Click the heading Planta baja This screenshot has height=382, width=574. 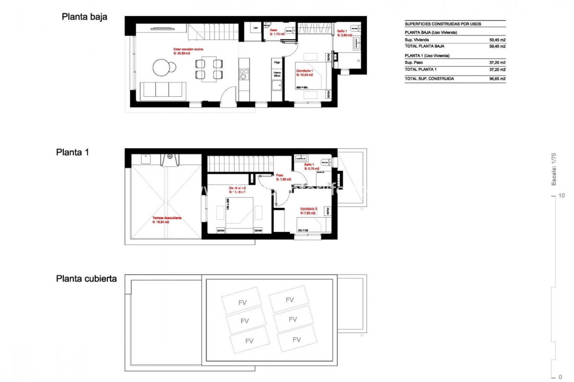click(x=84, y=17)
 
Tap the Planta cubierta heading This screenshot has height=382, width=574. click(x=86, y=278)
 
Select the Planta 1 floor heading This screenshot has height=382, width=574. click(x=72, y=152)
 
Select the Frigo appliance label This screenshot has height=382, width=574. click(x=277, y=62)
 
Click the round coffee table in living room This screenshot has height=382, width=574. click(x=163, y=67)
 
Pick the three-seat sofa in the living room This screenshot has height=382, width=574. click(x=163, y=90)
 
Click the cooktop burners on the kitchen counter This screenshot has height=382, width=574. click(x=244, y=74)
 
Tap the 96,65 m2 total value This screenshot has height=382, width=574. click(x=497, y=79)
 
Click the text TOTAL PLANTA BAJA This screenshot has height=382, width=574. click(x=424, y=46)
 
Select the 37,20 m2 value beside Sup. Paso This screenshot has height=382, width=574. click(x=497, y=62)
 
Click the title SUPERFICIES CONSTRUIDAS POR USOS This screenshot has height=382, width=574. click(x=443, y=24)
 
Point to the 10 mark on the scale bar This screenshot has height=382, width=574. click(x=561, y=195)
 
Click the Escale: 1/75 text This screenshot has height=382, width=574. click(x=554, y=169)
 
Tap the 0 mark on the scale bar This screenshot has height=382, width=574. click(x=560, y=377)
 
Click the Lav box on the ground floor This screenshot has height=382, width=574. click(x=256, y=28)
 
